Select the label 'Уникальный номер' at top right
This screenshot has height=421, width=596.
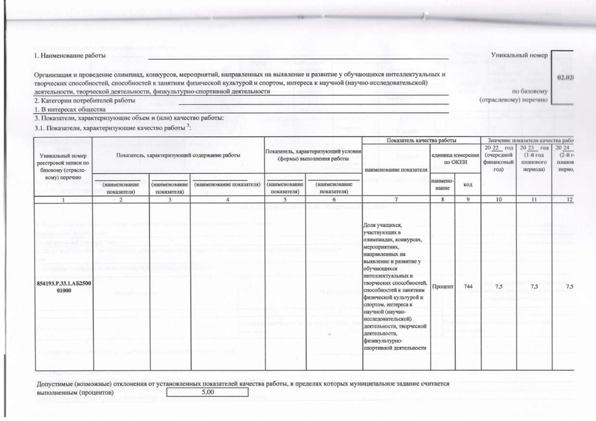[519, 55]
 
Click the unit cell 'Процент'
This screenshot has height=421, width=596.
[442, 287]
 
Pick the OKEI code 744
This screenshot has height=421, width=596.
[468, 287]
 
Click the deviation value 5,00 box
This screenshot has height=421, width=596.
[207, 393]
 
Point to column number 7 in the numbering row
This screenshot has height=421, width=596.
[395, 200]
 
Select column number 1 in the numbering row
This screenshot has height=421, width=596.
[64, 200]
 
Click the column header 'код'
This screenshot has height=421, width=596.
[467, 184]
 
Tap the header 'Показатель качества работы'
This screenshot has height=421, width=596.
[421, 141]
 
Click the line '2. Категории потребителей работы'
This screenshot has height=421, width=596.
[84, 101]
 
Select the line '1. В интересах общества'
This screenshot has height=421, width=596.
[70, 109]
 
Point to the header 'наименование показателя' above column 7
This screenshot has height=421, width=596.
[396, 170]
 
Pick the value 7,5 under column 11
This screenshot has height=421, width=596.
[534, 287]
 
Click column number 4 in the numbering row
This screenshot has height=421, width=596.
[228, 200]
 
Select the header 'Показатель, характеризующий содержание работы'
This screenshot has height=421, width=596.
[178, 155]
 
